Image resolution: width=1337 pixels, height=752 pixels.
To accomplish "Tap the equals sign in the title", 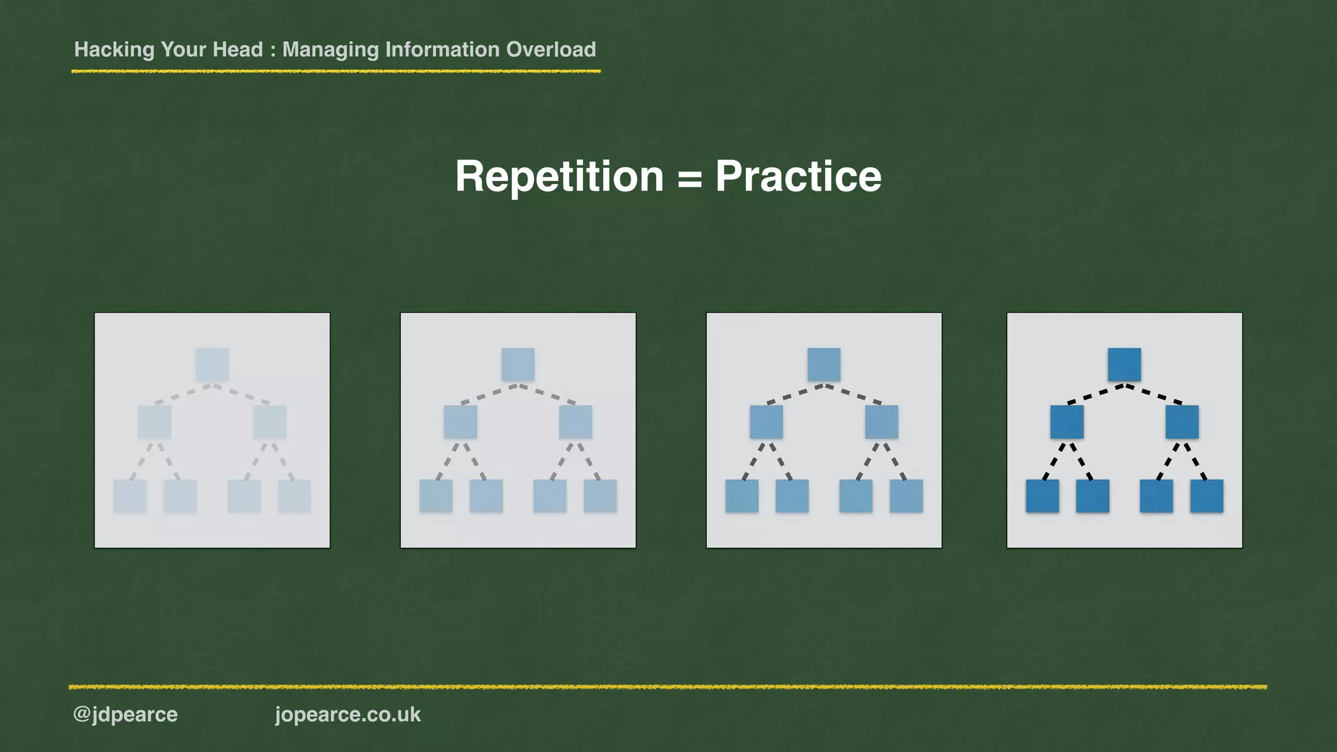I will pyautogui.click(x=689, y=178).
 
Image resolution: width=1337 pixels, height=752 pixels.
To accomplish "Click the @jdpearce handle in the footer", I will pyautogui.click(x=125, y=714).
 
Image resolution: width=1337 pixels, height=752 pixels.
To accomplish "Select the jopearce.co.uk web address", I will pyautogui.click(x=348, y=714).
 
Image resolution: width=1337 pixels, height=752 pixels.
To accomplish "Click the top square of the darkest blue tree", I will pyautogui.click(x=1124, y=364).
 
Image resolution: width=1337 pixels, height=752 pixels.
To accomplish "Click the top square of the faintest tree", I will pyautogui.click(x=212, y=364).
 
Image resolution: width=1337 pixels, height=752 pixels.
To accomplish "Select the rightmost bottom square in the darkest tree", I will pyautogui.click(x=1206, y=496).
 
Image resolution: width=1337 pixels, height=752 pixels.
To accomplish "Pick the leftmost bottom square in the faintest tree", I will pyautogui.click(x=130, y=496).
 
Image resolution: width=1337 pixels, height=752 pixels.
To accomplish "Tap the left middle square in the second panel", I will pyautogui.click(x=460, y=422).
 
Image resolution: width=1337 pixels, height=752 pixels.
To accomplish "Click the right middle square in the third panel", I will pyautogui.click(x=881, y=422).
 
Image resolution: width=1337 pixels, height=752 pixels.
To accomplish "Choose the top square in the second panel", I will pyautogui.click(x=518, y=364).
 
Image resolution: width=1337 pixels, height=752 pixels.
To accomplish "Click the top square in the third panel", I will pyautogui.click(x=824, y=364).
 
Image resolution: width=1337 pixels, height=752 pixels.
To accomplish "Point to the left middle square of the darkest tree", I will pyautogui.click(x=1067, y=422).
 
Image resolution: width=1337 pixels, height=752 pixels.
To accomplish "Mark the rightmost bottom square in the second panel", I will pyautogui.click(x=600, y=496).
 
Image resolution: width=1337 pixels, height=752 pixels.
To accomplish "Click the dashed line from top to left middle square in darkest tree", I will pyautogui.click(x=1095, y=394).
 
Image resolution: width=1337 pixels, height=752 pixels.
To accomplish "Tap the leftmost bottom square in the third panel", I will pyautogui.click(x=742, y=496).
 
